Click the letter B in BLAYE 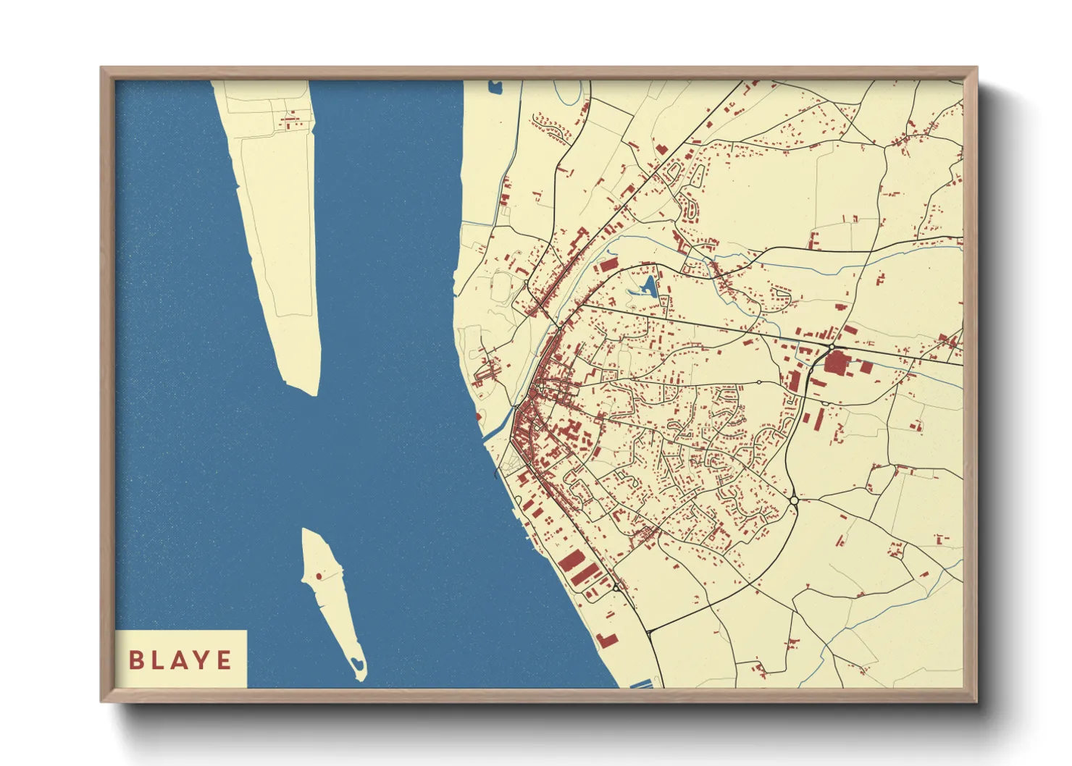(x=135, y=660)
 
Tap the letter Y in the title (x=201, y=660)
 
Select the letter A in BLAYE (x=180, y=660)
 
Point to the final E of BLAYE (x=224, y=660)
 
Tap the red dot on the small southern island (x=318, y=577)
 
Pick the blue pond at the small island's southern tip (x=356, y=663)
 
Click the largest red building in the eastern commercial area (x=836, y=362)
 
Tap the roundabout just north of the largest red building (x=831, y=348)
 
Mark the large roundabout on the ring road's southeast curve (x=794, y=500)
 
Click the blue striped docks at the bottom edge (x=640, y=683)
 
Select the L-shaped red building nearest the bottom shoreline (x=607, y=639)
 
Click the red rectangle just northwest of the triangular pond (x=607, y=265)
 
